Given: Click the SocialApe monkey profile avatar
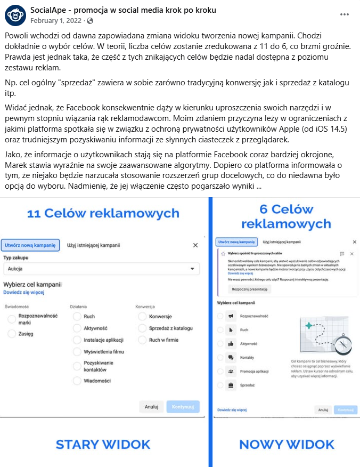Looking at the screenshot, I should point(15,15).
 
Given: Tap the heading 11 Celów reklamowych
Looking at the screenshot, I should point(103,214).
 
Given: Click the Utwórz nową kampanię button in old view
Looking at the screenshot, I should point(30,245).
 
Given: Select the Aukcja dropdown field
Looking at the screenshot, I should point(101,269).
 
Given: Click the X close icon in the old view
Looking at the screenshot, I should point(195,245).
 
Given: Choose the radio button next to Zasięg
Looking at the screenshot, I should point(12,334).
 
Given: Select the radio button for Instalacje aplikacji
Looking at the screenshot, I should point(77,340).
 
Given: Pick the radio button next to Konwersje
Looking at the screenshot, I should point(142,317).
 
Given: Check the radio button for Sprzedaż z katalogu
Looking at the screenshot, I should point(142,328).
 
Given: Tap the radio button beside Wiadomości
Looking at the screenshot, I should point(77,381).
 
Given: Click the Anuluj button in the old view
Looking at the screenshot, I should point(151,407).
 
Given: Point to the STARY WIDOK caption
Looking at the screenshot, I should point(103,444).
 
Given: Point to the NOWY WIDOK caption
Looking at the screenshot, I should point(287,444).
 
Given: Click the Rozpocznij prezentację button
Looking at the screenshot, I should point(250,289).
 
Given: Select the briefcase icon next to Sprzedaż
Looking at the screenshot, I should point(231,384).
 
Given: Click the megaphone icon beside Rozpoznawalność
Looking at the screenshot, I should point(231,316).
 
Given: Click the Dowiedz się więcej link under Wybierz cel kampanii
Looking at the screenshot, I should point(23,292).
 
